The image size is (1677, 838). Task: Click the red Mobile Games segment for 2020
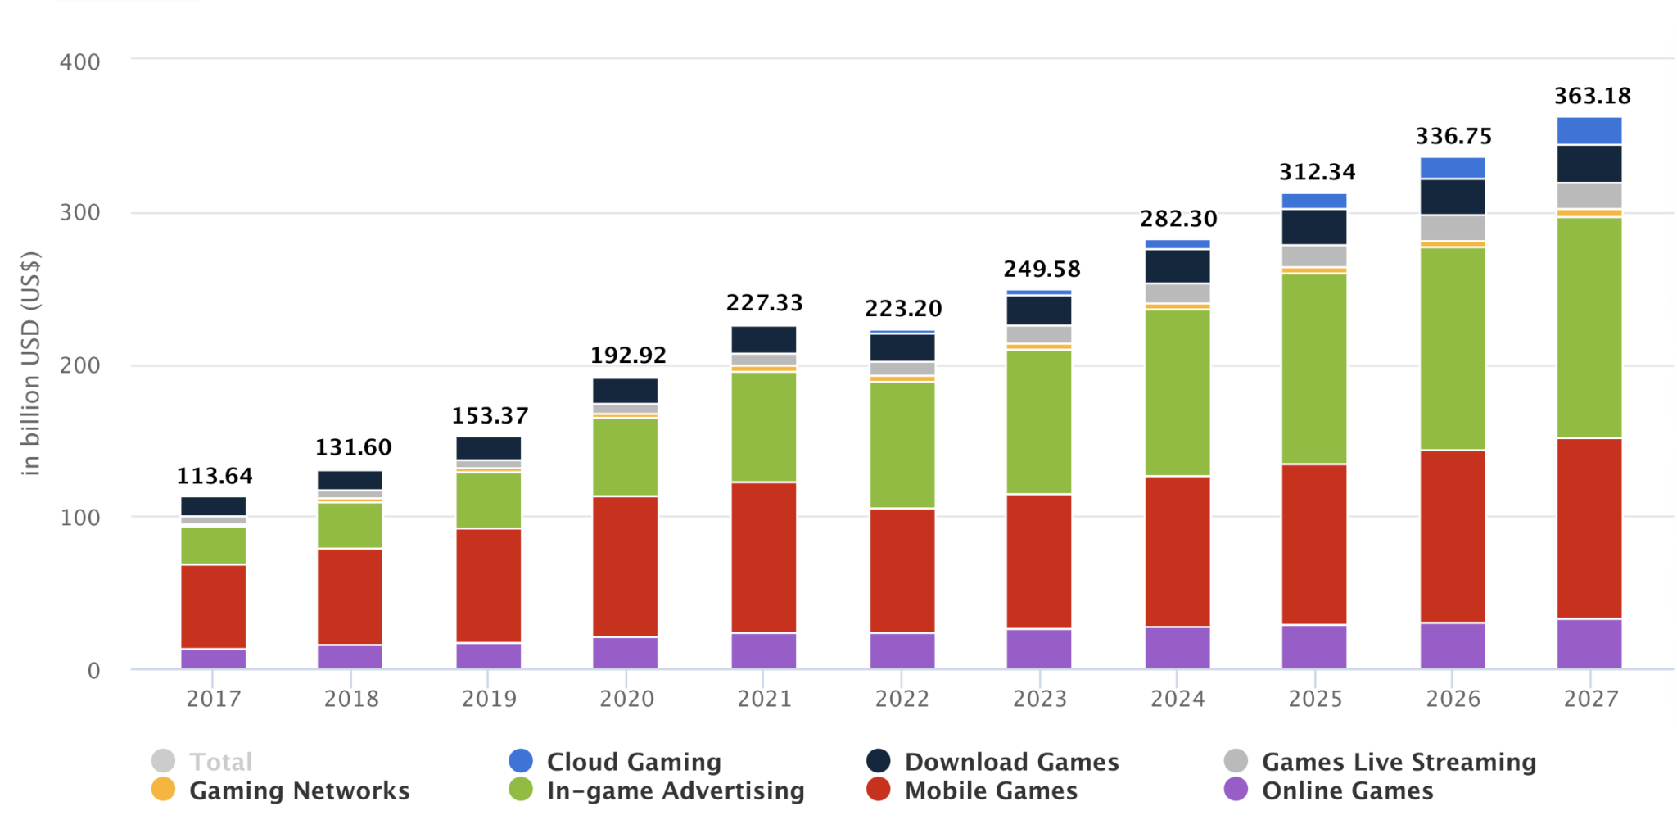pos(625,566)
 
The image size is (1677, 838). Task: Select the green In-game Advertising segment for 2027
pos(1589,328)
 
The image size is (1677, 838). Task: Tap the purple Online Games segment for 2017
pos(213,659)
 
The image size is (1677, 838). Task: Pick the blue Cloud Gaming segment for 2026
pos(1452,168)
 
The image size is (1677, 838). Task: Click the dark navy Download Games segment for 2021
pos(763,339)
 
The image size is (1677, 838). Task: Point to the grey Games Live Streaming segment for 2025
pos(1313,256)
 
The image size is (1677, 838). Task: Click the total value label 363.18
pos(1592,96)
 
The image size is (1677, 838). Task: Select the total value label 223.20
pos(903,309)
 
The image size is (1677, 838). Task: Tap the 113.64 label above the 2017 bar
pos(215,476)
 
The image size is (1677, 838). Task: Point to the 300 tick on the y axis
pos(79,213)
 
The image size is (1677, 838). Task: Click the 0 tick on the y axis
pos(93,671)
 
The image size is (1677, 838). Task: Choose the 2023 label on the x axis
pos(1039,699)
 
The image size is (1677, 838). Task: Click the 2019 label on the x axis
pos(489,699)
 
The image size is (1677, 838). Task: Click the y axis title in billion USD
pos(30,363)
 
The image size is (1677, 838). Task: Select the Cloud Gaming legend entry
pos(633,762)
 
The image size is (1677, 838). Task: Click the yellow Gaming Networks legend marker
pos(163,790)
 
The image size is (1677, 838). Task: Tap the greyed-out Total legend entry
pos(220,762)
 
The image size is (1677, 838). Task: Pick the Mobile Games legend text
pos(990,790)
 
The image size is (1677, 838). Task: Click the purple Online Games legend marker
pos(1235,790)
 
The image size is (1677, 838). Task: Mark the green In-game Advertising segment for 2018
pos(350,525)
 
